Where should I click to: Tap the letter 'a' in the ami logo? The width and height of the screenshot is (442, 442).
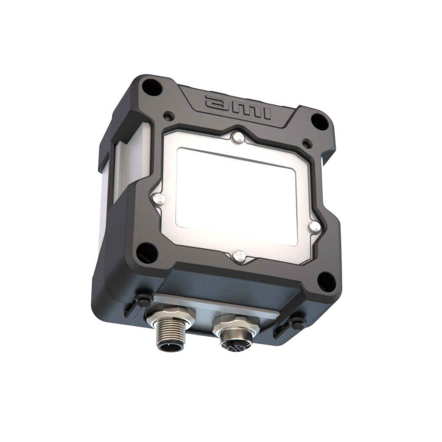pyautogui.click(x=215, y=102)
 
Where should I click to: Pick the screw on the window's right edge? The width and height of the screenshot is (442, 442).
pyautogui.click(x=313, y=226)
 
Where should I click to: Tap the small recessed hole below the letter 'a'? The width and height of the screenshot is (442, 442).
pyautogui.click(x=169, y=115)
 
